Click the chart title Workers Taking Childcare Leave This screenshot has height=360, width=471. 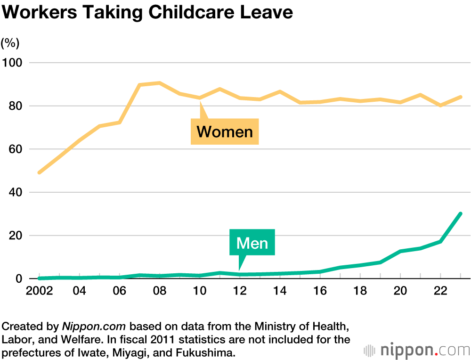[x=147, y=13]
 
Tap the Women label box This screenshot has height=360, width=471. [x=225, y=131]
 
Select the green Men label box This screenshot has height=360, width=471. [x=252, y=243]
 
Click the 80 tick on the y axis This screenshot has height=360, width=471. [x=14, y=106]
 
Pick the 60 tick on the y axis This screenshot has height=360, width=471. [x=14, y=149]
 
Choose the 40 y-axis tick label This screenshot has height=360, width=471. [x=14, y=192]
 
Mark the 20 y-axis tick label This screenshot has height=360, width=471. [x=14, y=236]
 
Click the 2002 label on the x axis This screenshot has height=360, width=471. [x=39, y=291]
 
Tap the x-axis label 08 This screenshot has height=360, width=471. [x=160, y=291]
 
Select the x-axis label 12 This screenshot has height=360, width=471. [x=240, y=291]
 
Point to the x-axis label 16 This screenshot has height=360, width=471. [x=320, y=291]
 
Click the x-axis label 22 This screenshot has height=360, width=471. [x=440, y=291]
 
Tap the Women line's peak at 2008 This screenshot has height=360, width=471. [x=160, y=83]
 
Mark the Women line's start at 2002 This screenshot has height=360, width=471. [x=39, y=172]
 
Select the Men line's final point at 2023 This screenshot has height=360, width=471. [x=460, y=214]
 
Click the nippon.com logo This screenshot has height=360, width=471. [x=417, y=351]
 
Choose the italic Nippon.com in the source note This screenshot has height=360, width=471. [x=94, y=326]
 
